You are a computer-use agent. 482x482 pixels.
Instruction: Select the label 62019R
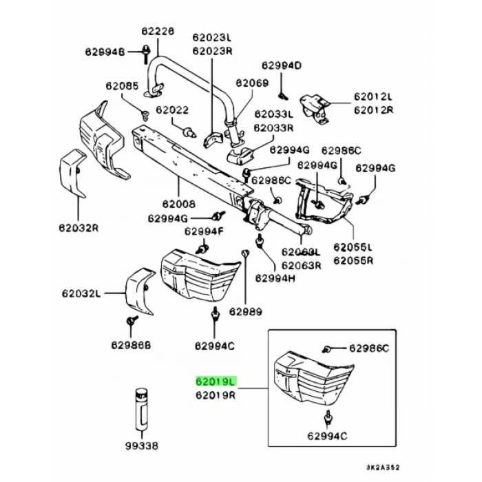[216, 395]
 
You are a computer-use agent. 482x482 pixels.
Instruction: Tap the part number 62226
[158, 31]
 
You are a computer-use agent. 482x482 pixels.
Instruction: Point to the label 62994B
[105, 52]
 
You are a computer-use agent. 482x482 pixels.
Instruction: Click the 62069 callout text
[252, 83]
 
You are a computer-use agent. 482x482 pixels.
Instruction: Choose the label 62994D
[281, 65]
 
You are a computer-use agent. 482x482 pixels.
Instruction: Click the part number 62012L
[373, 97]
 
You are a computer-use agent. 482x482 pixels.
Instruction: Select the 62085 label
[122, 86]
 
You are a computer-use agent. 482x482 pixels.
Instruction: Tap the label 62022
[171, 109]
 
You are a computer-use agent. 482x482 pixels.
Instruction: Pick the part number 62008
[179, 205]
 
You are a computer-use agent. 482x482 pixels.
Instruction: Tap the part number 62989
[244, 312]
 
